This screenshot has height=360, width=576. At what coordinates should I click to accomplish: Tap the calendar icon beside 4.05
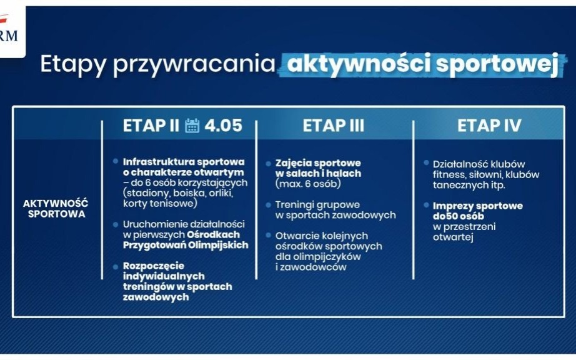(192, 126)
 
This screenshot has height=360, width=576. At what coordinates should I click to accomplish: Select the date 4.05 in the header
(222, 126)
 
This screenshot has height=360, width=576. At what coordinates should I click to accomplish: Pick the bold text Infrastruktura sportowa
(184, 161)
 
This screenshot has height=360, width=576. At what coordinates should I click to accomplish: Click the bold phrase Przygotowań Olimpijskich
(186, 245)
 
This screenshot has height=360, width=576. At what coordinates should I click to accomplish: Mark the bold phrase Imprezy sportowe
(478, 206)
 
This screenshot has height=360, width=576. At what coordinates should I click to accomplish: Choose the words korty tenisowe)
(160, 203)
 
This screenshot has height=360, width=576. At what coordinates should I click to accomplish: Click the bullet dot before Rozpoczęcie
(116, 265)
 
